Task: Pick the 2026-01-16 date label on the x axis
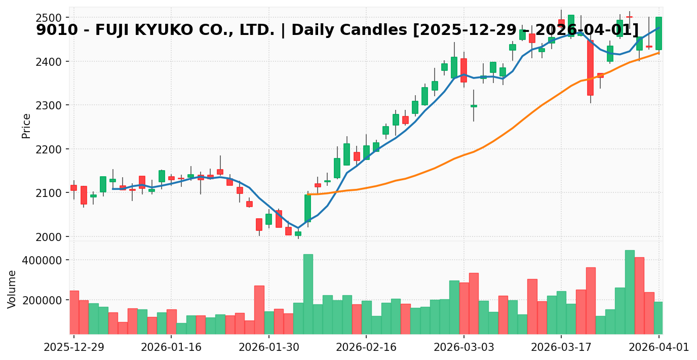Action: [171, 347]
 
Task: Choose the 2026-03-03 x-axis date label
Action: [463, 347]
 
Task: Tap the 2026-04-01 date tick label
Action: [659, 347]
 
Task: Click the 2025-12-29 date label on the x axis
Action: [74, 347]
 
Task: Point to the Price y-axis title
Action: [26, 126]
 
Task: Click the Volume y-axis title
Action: [12, 289]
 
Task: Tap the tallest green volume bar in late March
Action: [630, 292]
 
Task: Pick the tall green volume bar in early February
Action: [308, 294]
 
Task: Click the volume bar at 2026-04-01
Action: [659, 317]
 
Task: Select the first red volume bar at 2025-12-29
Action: [74, 312]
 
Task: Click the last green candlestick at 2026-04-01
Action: [659, 33]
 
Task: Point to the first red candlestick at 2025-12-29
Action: [74, 188]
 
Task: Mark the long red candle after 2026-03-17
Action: [590, 68]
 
